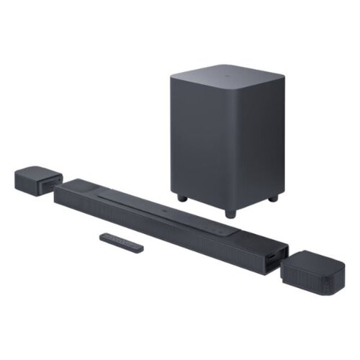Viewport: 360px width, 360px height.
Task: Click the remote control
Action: (x=120, y=242)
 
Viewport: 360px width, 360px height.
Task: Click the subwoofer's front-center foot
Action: (x=229, y=213)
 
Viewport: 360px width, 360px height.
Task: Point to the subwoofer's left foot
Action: (x=180, y=197)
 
